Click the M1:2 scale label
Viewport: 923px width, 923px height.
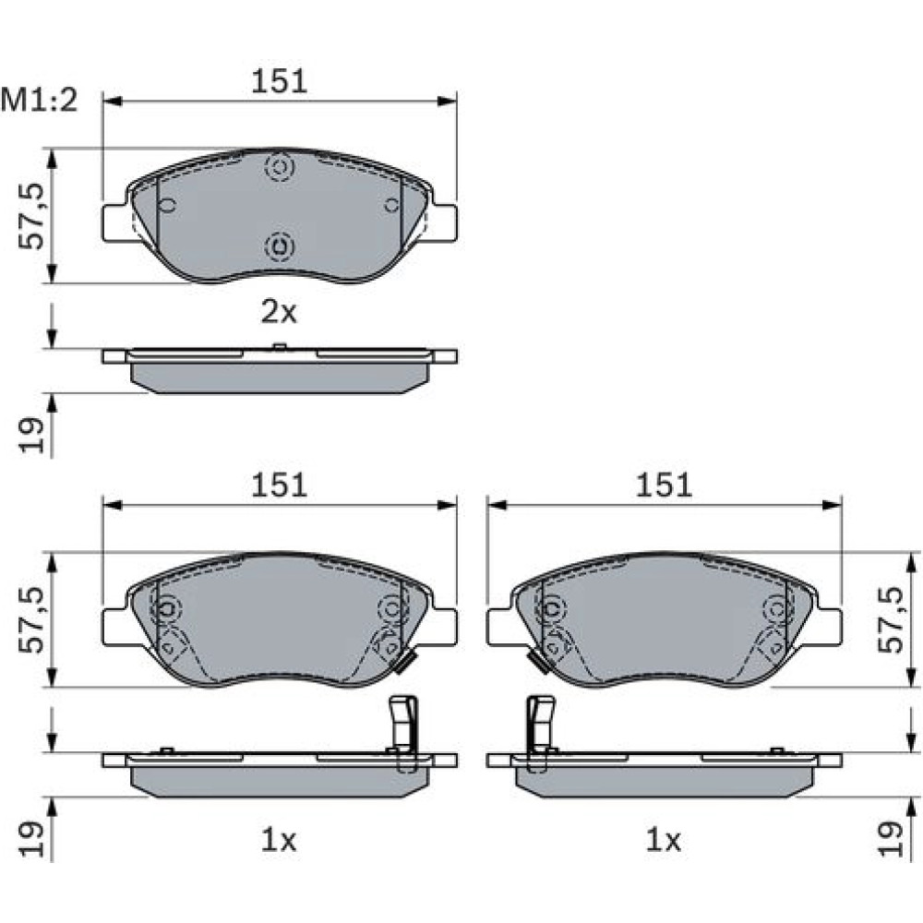click(x=39, y=101)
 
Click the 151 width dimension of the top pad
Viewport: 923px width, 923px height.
click(x=280, y=81)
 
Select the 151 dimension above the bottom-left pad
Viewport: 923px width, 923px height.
click(x=280, y=485)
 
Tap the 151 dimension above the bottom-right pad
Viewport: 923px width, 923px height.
click(x=664, y=485)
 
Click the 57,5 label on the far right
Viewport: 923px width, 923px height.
click(x=890, y=620)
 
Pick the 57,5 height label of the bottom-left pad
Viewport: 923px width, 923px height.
click(x=31, y=620)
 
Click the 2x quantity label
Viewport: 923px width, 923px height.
click(x=280, y=312)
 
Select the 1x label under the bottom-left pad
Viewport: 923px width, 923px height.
click(x=280, y=841)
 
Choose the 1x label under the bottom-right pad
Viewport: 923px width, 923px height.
click(x=664, y=841)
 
